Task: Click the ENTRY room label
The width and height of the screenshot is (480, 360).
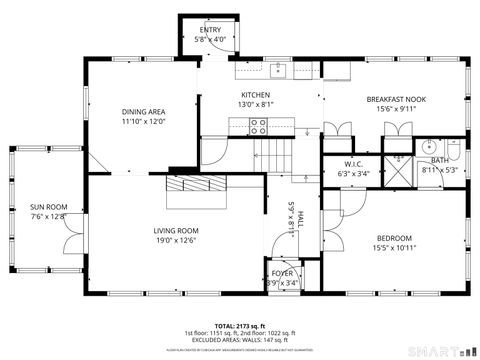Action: point(210,30)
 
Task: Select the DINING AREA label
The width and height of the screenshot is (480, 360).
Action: point(143,111)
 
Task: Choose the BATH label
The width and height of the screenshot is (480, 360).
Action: point(440,160)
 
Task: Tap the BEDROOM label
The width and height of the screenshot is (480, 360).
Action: point(393,237)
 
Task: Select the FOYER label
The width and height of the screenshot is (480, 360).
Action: point(283,272)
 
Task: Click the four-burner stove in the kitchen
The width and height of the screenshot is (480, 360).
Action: point(258,126)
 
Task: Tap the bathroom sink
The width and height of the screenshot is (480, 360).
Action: point(423,147)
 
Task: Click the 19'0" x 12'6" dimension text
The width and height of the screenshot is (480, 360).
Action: point(175,240)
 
